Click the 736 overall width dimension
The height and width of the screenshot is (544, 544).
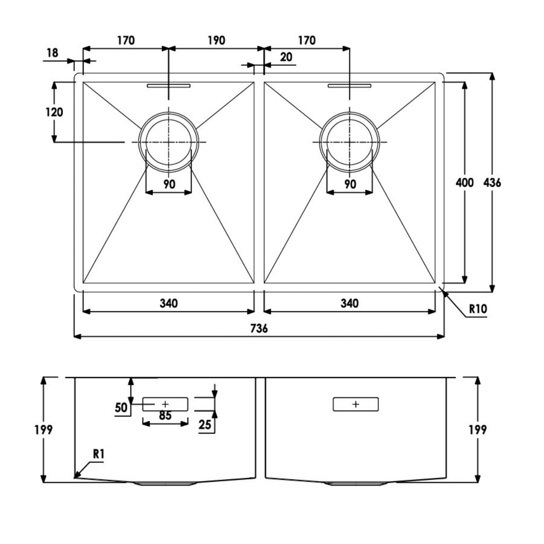259,328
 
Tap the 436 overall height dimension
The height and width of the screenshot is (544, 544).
492,183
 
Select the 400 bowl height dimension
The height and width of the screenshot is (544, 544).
464,183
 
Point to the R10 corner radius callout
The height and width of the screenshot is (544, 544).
478,309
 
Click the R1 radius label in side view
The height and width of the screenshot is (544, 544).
99,453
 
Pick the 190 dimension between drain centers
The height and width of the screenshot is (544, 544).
216,41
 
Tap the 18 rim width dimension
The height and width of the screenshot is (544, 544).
52,53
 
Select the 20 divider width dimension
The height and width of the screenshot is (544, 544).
286,57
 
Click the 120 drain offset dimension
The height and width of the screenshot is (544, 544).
54,112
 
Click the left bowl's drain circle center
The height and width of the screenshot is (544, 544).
168,142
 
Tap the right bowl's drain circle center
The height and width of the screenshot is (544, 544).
350,142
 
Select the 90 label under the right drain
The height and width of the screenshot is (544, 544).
350,184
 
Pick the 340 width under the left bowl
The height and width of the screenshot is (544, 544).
168,303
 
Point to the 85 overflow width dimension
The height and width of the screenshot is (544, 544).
165,415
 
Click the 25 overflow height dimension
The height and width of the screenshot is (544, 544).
205,424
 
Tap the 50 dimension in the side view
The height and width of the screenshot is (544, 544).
121,408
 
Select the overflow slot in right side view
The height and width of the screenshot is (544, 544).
355,404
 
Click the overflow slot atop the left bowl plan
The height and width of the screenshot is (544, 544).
168,85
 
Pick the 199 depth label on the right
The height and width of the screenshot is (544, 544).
478,430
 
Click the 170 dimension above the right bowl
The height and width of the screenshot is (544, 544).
307,41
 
